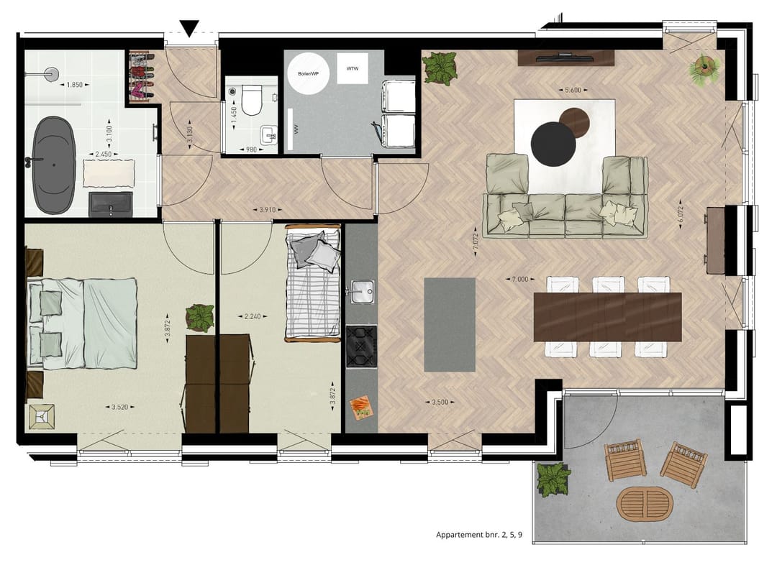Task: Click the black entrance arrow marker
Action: tap(189, 28)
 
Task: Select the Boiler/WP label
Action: tap(309, 73)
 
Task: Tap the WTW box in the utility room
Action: tap(352, 69)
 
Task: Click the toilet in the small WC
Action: tap(251, 99)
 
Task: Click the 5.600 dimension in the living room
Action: tap(572, 90)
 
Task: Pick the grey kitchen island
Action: tap(450, 324)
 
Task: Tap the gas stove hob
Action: tap(360, 346)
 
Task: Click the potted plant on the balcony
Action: tap(553, 479)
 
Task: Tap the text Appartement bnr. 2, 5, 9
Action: tap(479, 535)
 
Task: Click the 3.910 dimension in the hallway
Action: tap(267, 210)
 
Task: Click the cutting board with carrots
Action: tap(360, 408)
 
